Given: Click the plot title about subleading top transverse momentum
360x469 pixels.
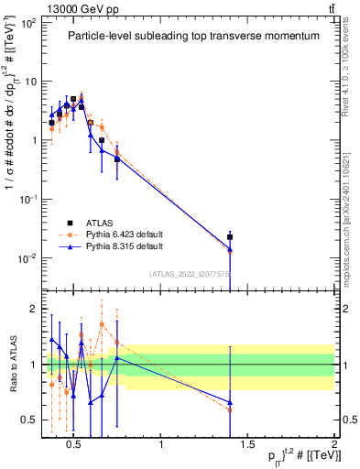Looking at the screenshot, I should click(x=193, y=36).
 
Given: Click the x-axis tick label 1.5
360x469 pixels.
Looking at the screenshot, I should click(x=247, y=446).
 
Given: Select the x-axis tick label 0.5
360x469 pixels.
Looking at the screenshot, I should click(x=75, y=446).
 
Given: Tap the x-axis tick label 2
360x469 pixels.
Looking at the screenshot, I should click(x=333, y=446).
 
